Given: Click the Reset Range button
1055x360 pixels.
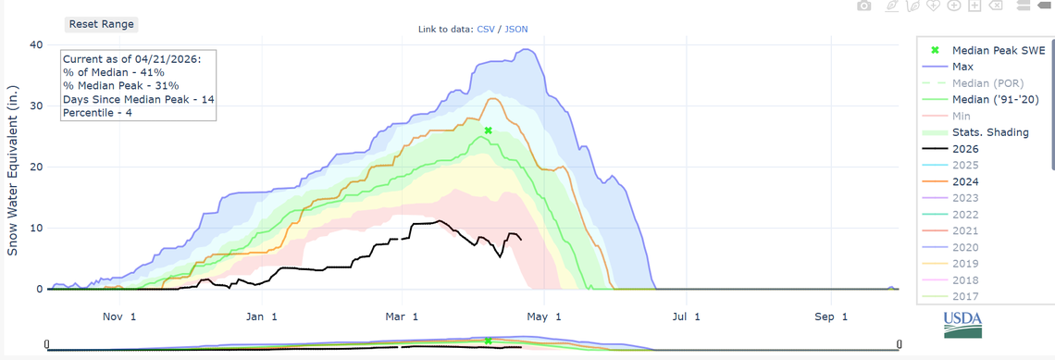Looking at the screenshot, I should point(102,24).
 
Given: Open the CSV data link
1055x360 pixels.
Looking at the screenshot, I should point(485,30).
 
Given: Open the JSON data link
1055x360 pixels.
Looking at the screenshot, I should point(515,30).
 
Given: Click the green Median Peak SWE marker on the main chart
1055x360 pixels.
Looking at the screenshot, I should point(488,131).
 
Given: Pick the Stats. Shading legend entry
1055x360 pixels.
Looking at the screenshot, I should point(989,132).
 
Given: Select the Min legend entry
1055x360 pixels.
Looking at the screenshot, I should point(960,117).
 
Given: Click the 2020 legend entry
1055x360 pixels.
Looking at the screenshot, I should point(964,248).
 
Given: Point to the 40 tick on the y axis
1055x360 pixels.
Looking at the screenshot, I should point(36,44).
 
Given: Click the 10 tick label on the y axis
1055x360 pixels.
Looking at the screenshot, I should point(36,228).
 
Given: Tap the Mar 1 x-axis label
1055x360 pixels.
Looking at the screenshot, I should point(403,317).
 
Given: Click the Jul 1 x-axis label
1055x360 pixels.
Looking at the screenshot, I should point(686,317).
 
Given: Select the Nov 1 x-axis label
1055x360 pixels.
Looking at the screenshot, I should point(120,317).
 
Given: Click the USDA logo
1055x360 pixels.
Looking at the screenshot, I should point(963,325).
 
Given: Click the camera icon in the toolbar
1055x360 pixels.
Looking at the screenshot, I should point(863,6).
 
